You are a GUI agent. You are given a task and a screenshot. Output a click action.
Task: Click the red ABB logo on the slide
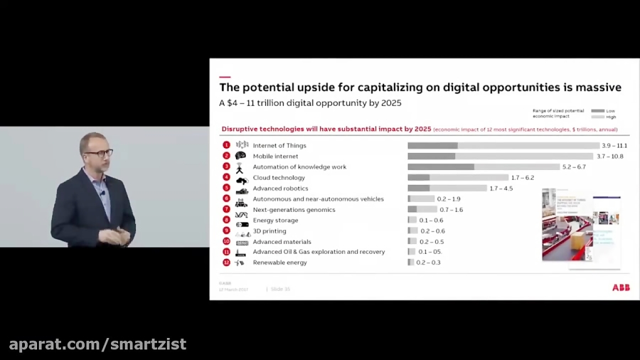click(x=621, y=287)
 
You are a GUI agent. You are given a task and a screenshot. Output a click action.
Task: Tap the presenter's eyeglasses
click(x=97, y=153)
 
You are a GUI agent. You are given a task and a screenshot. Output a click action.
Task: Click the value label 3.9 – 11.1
click(x=614, y=145)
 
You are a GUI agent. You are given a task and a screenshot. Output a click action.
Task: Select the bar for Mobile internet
click(x=500, y=156)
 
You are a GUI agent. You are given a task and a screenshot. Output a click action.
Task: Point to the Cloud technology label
click(x=279, y=177)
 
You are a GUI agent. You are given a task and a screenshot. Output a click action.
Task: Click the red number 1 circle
click(x=226, y=145)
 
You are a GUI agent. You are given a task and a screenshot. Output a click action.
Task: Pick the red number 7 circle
click(x=226, y=209)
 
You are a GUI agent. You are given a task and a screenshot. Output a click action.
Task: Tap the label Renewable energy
click(x=279, y=263)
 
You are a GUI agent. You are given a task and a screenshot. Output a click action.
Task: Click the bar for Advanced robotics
click(x=447, y=188)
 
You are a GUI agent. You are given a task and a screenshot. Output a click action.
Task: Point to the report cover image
click(x=581, y=228)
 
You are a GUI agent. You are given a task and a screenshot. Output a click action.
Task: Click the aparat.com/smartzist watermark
click(x=97, y=344)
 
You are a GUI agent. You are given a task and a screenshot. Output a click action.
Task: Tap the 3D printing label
click(x=270, y=231)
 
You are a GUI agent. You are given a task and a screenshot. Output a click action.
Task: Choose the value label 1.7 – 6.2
click(x=523, y=177)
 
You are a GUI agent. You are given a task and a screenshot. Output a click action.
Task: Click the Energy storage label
click(x=275, y=220)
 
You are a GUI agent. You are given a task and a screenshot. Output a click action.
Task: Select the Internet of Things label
click(x=280, y=145)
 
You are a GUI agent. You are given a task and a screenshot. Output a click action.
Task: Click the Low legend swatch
click(x=597, y=111)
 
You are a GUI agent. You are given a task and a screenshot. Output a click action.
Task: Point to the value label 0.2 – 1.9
click(x=449, y=198)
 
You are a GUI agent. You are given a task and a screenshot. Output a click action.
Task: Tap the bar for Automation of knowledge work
click(x=484, y=166)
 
